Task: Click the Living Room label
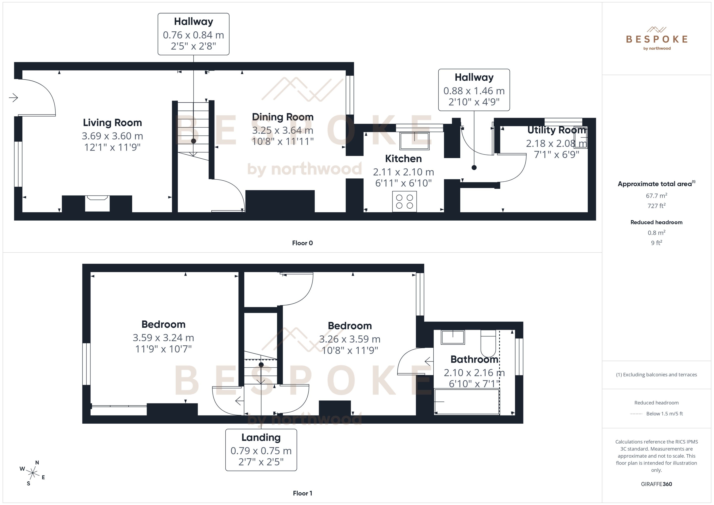(112, 123)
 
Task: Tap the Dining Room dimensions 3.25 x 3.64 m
(283, 130)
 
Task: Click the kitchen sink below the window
(414, 141)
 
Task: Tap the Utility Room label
(556, 130)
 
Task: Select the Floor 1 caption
(302, 493)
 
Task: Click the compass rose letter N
(37, 462)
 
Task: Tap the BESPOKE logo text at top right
(656, 39)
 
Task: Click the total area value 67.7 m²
(656, 196)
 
